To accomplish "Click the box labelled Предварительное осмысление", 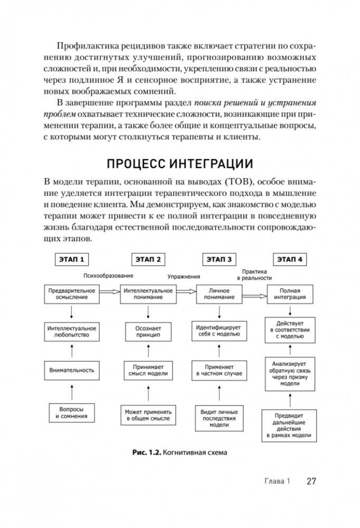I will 71,294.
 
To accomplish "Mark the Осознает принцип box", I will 145,331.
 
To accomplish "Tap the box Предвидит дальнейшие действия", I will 289,428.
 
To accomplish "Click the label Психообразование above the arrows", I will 107,275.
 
